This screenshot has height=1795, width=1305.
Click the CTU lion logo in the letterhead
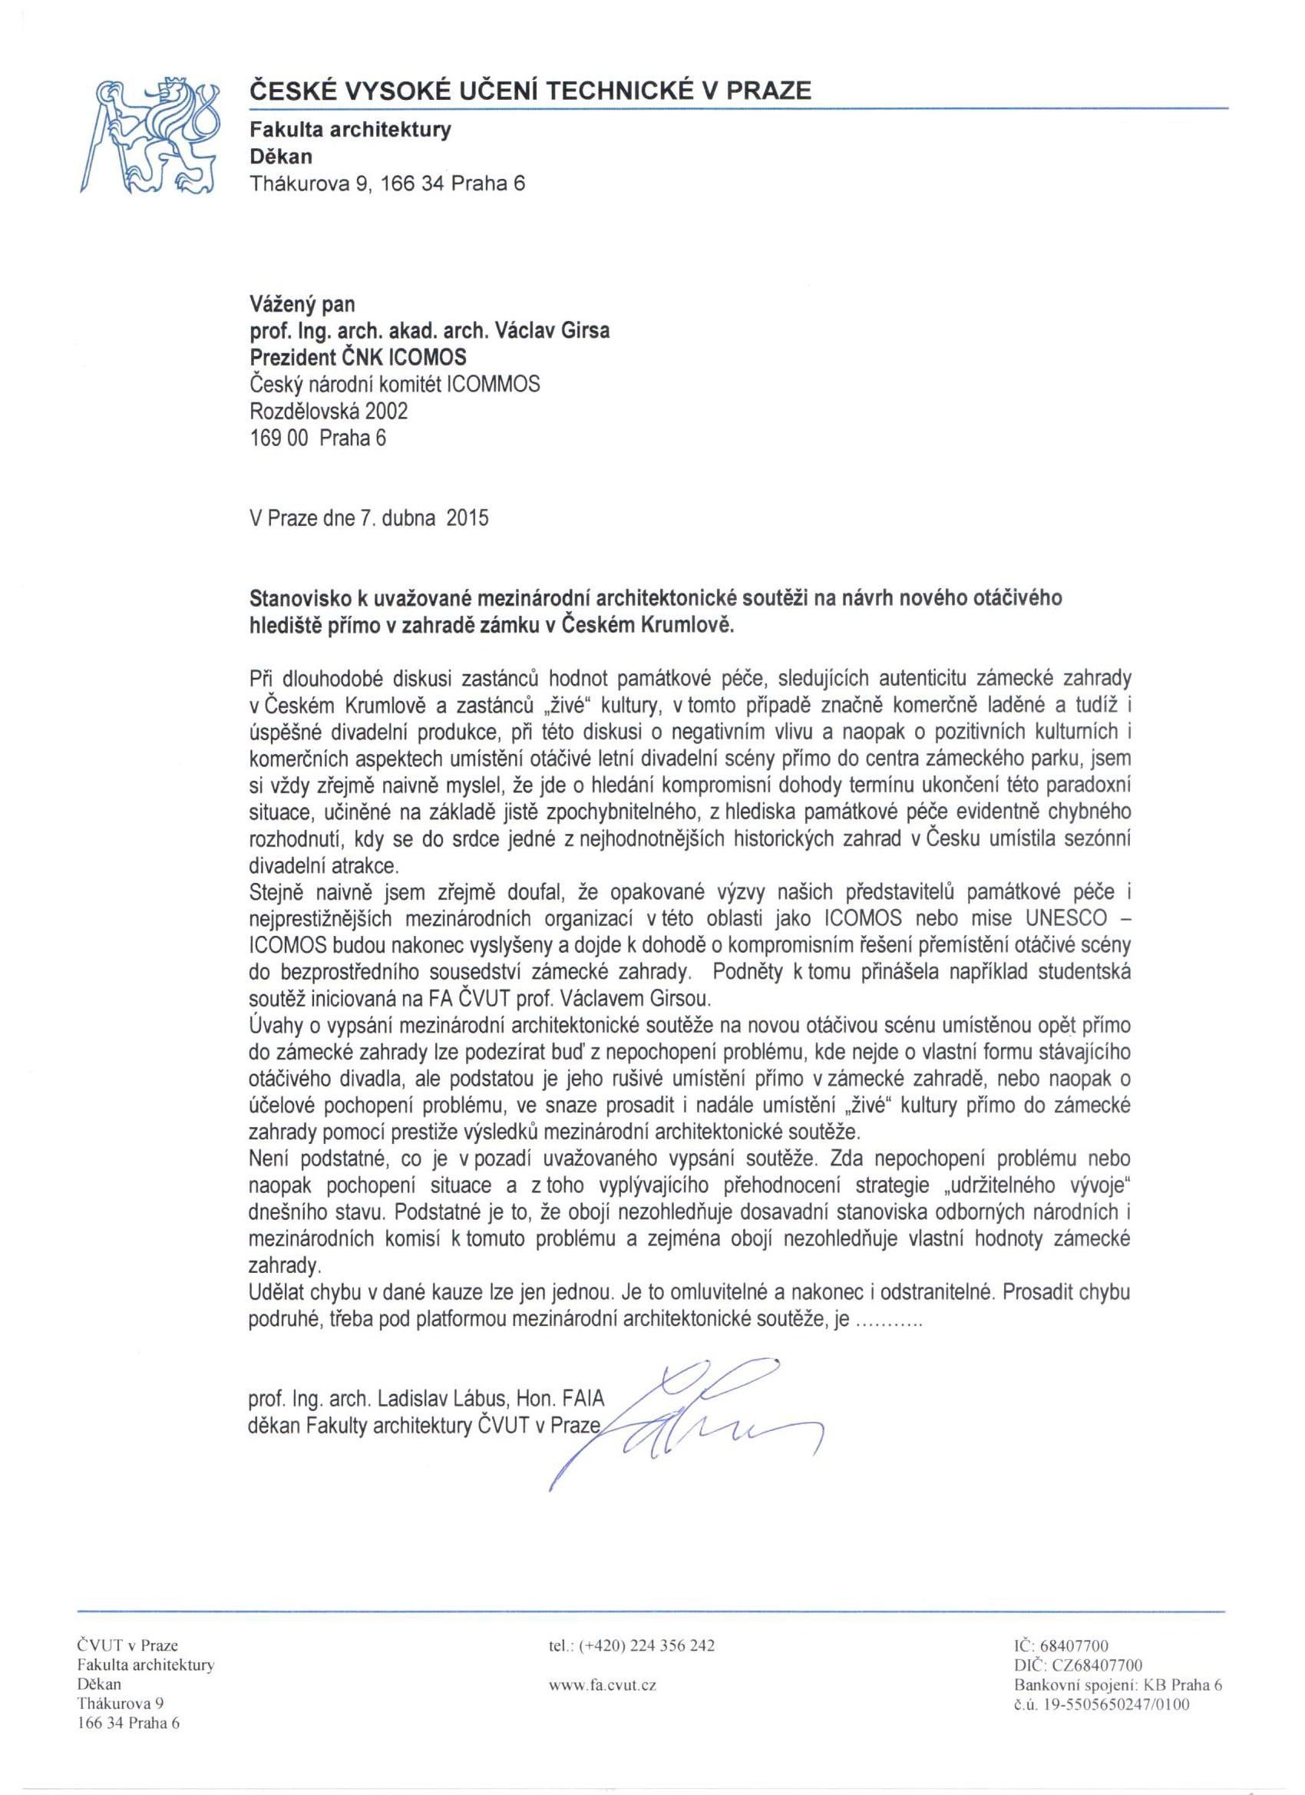point(150,135)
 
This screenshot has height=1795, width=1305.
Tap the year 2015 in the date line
point(467,518)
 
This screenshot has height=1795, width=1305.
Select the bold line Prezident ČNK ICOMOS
point(358,359)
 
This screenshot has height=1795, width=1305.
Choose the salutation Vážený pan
point(302,304)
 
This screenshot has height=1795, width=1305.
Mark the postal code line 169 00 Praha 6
point(317,438)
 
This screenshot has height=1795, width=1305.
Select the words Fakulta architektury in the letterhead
point(351,130)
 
